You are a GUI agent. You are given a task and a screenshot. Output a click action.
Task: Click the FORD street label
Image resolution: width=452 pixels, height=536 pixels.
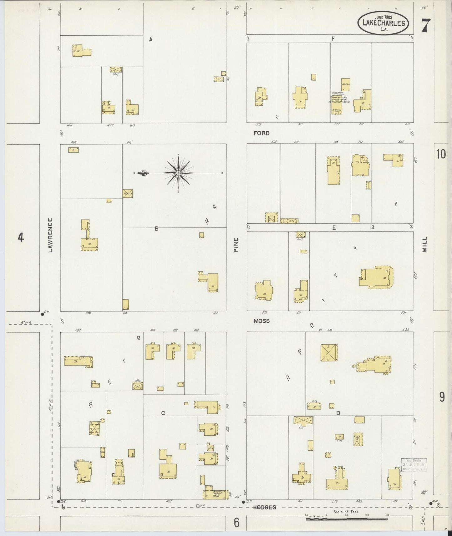pyautogui.click(x=261, y=133)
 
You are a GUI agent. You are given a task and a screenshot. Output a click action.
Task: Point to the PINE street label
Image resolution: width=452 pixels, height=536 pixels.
pyautogui.click(x=236, y=245)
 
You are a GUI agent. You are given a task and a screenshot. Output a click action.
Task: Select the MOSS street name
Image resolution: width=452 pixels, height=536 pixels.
pyautogui.click(x=262, y=321)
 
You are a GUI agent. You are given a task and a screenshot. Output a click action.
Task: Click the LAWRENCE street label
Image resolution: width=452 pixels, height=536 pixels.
pyautogui.click(x=50, y=235)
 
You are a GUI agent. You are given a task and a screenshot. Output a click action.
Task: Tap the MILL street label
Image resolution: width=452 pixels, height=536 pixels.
pyautogui.click(x=424, y=244)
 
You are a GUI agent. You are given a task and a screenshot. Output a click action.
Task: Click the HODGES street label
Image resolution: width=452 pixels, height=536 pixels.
pyautogui.click(x=265, y=507)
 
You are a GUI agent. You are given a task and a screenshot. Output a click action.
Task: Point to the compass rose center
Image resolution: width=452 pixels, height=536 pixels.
pyautogui.click(x=178, y=173)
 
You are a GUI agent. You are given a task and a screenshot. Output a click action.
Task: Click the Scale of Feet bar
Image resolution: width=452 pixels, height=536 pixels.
pyautogui.click(x=347, y=519)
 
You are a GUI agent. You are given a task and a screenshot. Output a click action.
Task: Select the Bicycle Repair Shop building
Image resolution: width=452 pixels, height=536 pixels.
pyautogui.click(x=216, y=494)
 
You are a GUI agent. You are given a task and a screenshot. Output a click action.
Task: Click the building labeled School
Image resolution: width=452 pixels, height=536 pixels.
pyautogui.click(x=346, y=84)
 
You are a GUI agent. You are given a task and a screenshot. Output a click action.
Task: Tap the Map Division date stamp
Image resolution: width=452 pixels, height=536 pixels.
pyautogui.click(x=414, y=464)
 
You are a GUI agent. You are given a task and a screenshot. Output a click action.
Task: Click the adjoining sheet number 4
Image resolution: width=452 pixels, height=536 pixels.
pyautogui.click(x=21, y=238)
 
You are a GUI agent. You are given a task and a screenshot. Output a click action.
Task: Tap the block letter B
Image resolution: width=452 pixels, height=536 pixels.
pyautogui.click(x=156, y=229)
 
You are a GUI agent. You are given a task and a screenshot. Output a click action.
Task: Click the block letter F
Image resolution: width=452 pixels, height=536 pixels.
pyautogui.click(x=333, y=38)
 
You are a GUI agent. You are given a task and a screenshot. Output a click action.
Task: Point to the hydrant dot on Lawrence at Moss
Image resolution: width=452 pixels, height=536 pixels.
pyautogui.click(x=42, y=314)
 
